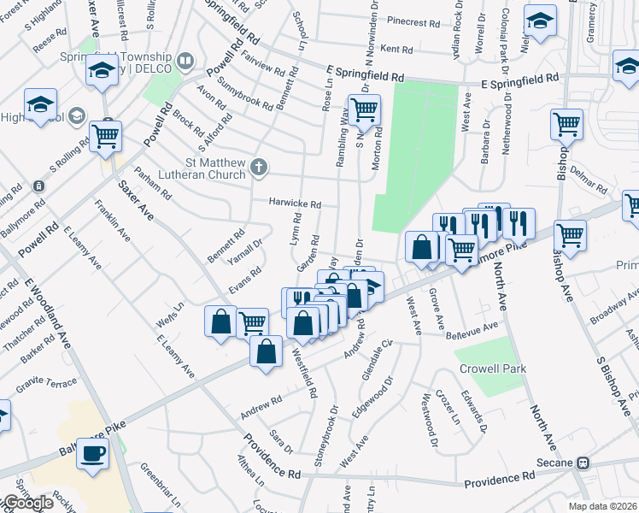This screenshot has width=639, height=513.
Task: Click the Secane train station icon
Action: click(583, 463)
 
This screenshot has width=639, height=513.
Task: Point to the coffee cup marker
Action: click(92, 454)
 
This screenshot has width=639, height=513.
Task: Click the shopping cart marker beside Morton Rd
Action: click(364, 110)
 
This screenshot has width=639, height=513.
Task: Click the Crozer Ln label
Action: click(448, 408)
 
